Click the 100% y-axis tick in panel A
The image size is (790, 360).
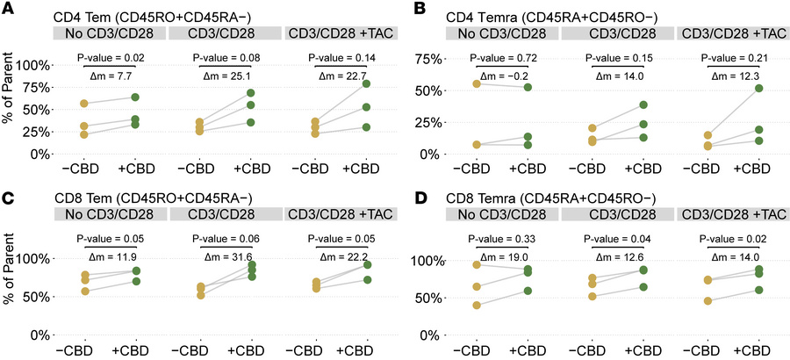tap(32, 66)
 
